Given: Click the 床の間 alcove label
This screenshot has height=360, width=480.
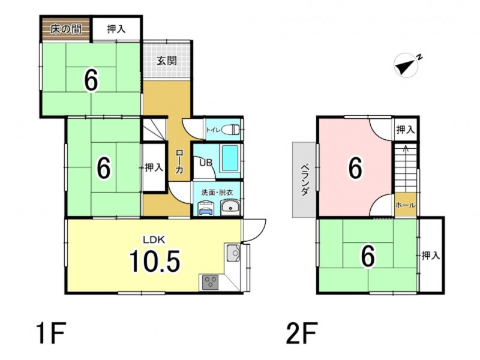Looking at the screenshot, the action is point(66,29).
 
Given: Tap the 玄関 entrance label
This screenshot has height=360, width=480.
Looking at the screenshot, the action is point(167,61).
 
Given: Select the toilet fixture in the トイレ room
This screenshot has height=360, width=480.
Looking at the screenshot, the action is point(231,130).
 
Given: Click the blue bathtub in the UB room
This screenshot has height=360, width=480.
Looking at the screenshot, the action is point(230,158).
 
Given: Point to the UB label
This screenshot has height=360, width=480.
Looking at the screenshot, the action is point(206,162).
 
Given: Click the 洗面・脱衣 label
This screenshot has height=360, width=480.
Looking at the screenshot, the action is point(217,193).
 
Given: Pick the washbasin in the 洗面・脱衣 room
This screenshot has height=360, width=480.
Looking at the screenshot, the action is point(230,207).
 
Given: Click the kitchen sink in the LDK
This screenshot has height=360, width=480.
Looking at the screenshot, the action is point(234,253).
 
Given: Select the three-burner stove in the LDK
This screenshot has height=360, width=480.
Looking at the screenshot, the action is point(211,282).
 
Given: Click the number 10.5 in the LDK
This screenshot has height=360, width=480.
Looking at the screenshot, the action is point(155,261).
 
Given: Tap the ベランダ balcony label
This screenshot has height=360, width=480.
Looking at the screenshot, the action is point(304,180).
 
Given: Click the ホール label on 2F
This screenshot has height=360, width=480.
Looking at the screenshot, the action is point(406,205).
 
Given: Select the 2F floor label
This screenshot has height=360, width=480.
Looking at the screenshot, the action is point(302,334).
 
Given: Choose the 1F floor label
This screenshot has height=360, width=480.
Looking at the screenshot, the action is point(51,334).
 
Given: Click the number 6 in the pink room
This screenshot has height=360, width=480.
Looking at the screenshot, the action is point(355,168).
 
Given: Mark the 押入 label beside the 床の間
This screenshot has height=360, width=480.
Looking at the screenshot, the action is point(116,29).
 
